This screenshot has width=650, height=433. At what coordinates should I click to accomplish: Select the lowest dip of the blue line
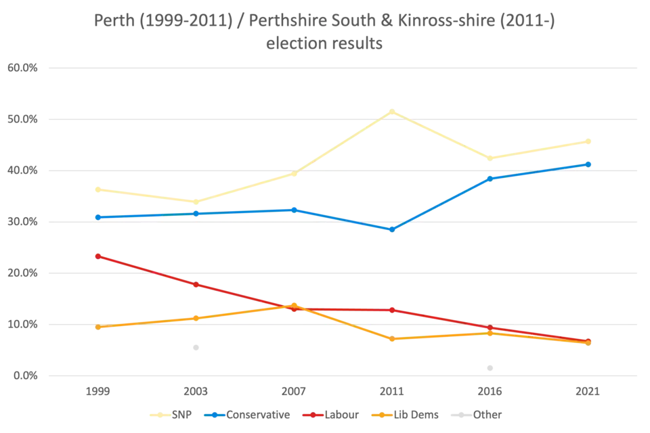pyautogui.click(x=391, y=229)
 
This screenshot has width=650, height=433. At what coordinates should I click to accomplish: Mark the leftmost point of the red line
pyautogui.click(x=97, y=256)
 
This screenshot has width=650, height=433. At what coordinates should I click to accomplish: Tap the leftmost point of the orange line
pyautogui.click(x=97, y=327)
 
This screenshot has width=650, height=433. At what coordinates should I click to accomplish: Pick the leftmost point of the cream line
pyautogui.click(x=97, y=189)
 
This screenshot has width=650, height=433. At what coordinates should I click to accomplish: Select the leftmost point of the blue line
pyautogui.click(x=97, y=217)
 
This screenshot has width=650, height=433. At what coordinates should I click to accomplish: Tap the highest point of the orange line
pyautogui.click(x=293, y=304)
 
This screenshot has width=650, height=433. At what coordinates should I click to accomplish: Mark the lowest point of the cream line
pyautogui.click(x=196, y=201)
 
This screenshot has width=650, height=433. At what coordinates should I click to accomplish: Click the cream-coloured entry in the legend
pyautogui.click(x=173, y=415)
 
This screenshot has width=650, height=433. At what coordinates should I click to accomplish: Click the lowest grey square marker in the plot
pyautogui.click(x=490, y=368)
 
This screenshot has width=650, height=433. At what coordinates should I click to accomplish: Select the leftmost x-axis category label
pyautogui.click(x=97, y=392)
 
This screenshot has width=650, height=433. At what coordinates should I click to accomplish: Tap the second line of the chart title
pyautogui.click(x=325, y=45)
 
